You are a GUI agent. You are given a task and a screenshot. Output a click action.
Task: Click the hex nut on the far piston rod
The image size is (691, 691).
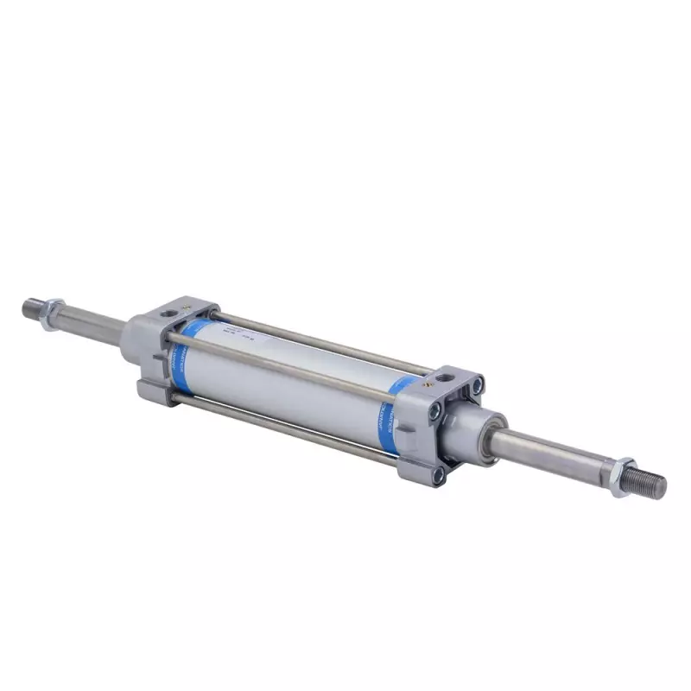click(x=53, y=307)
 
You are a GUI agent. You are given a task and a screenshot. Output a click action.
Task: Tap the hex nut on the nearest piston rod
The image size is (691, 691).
click(x=623, y=476)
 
